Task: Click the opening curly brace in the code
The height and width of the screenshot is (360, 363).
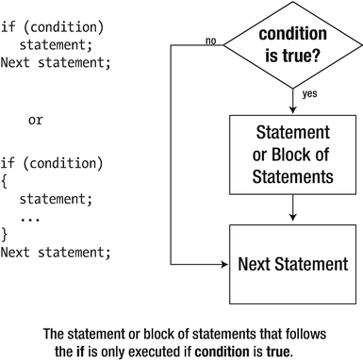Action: coord(5,181)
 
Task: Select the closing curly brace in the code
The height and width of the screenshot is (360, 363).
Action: coord(5,234)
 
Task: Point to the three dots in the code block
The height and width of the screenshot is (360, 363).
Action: coord(30,216)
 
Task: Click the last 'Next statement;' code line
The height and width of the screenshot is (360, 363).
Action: coord(56,252)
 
